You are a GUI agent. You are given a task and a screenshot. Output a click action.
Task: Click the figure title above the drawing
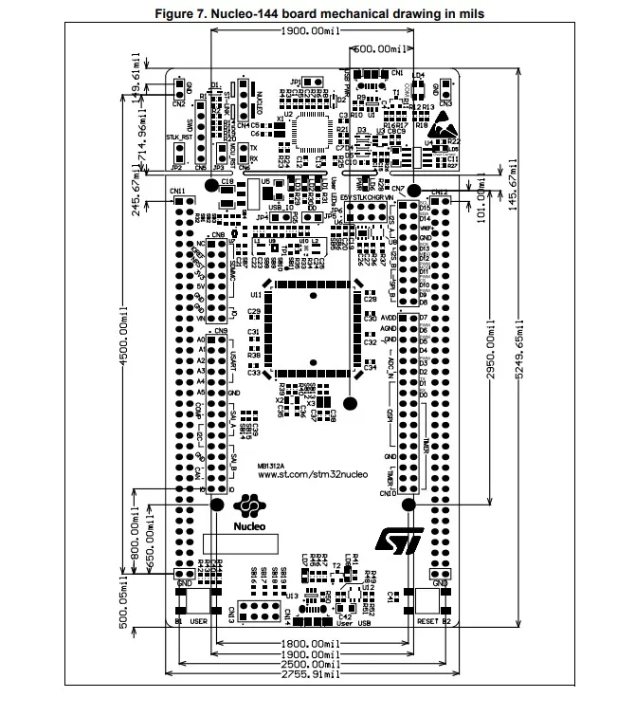pos(317,13)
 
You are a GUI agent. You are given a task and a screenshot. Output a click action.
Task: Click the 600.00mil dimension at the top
pos(383,46)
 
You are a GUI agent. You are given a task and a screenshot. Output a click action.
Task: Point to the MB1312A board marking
pos(271,465)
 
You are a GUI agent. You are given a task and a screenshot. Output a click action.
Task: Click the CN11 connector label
pos(177,192)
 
